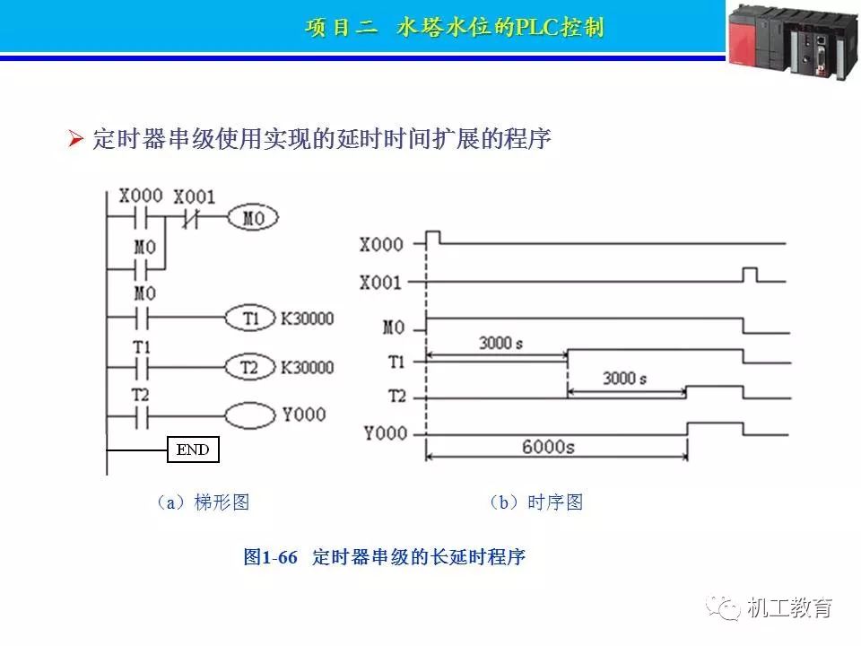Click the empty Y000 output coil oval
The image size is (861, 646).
248,415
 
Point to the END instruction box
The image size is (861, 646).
193,450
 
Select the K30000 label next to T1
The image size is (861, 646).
307,319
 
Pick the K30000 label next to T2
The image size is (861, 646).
307,368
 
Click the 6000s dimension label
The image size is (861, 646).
547,446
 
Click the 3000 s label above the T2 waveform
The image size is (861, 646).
624,378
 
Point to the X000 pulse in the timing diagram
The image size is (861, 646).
433,237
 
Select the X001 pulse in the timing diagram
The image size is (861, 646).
749,274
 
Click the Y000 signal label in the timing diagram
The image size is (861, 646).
385,434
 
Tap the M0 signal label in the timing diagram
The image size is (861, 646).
394,327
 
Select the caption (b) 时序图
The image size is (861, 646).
535,502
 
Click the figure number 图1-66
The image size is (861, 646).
270,557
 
